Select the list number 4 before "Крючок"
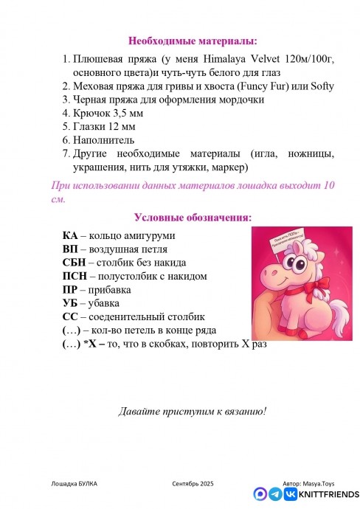pyautogui.click(x=66, y=114)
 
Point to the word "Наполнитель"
pyautogui.click(x=104, y=140)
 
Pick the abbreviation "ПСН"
pyautogui.click(x=75, y=276)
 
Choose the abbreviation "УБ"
pyautogui.click(x=71, y=302)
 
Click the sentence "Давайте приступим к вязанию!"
pyautogui.click(x=193, y=411)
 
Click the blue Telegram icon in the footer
pyautogui.click(x=275, y=494)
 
